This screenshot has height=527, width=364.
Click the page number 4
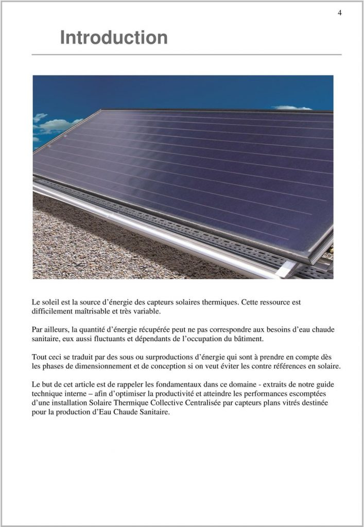[x=340, y=13]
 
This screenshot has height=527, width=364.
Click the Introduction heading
[x=114, y=38]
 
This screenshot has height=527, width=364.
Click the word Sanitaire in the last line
[x=153, y=411]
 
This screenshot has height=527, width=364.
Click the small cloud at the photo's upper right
[x=292, y=108]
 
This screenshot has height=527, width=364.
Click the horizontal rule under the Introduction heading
[x=186, y=54]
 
